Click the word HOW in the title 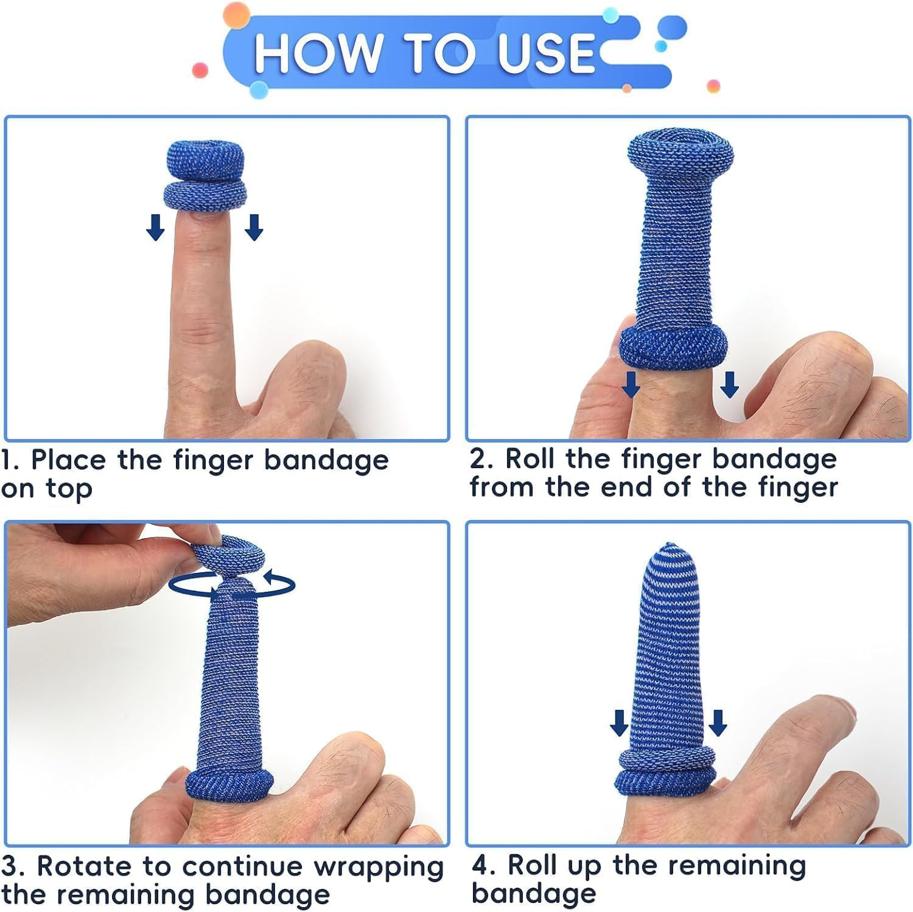pyautogui.click(x=316, y=53)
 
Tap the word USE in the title pyautogui.click(x=545, y=53)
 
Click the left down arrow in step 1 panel pyautogui.click(x=156, y=227)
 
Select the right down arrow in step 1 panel pyautogui.click(x=254, y=227)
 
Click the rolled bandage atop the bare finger pyautogui.click(x=206, y=177)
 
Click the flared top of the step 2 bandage pyautogui.click(x=680, y=152)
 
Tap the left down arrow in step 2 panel pyautogui.click(x=631, y=385)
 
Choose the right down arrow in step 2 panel pyautogui.click(x=729, y=385)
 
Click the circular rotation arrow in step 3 pyautogui.click(x=231, y=586)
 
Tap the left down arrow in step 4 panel pyautogui.click(x=619, y=723)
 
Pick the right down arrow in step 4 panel pyautogui.click(x=718, y=723)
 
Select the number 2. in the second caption pyautogui.click(x=481, y=459)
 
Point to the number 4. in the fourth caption pyautogui.click(x=484, y=865)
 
